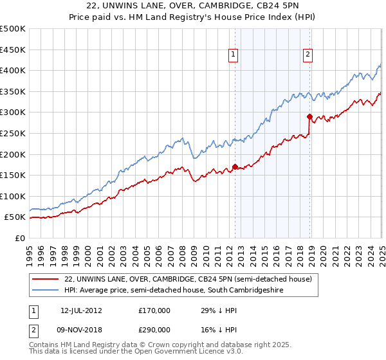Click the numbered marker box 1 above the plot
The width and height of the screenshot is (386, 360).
pos(232,55)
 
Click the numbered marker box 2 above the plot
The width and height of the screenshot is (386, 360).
pos(308,55)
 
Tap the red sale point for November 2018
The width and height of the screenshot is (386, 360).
pos(309,116)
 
